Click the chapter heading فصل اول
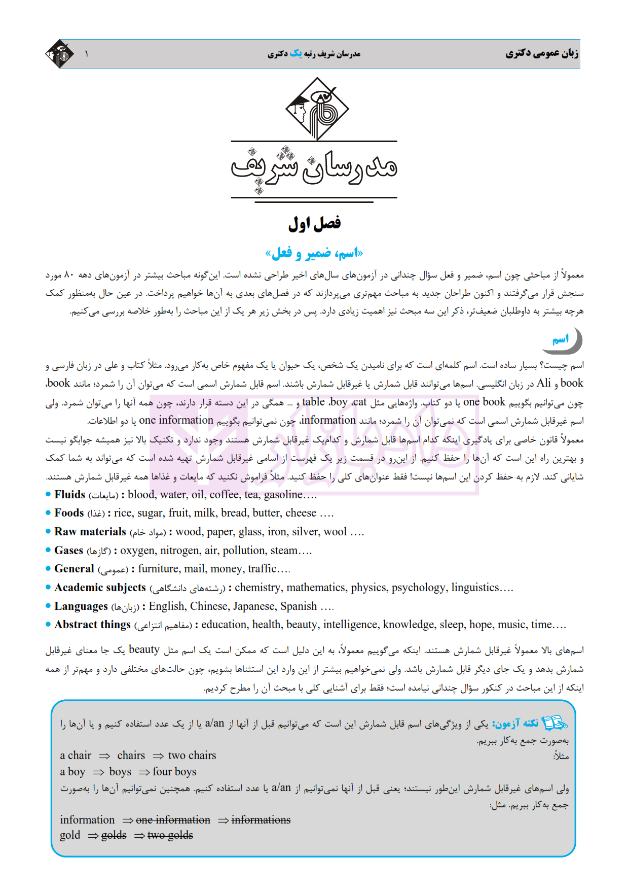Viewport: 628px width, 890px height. pyautogui.click(x=314, y=224)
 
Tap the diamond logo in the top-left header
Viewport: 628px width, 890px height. pyautogui.click(x=60, y=54)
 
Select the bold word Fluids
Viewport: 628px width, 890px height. pyautogui.click(x=70, y=495)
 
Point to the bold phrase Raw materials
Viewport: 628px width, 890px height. pyautogui.click(x=90, y=532)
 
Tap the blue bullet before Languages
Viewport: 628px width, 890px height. pyautogui.click(x=48, y=606)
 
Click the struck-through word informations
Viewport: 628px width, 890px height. pyautogui.click(x=261, y=820)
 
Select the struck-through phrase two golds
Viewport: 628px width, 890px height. pyautogui.click(x=170, y=835)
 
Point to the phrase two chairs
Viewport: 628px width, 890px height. pyautogui.click(x=192, y=756)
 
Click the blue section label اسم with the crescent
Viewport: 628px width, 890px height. pyautogui.click(x=561, y=339)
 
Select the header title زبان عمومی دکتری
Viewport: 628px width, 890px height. pyautogui.click(x=542, y=53)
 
